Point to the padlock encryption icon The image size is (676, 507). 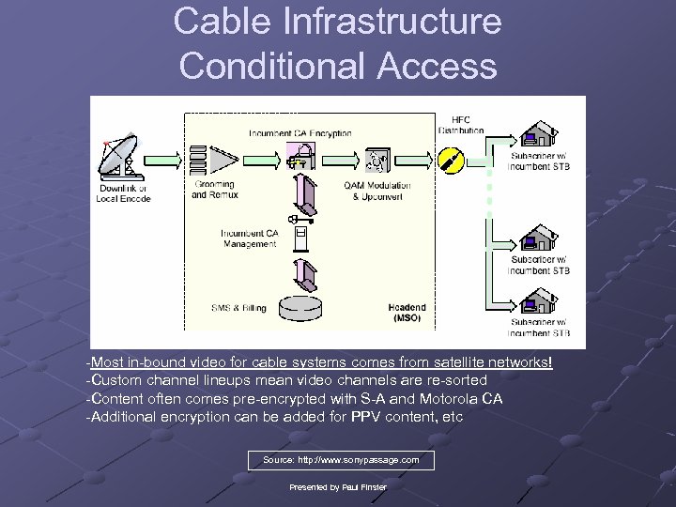pos(299,156)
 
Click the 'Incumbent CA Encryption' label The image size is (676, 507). pos(300,133)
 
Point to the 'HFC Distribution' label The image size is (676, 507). pos(461,125)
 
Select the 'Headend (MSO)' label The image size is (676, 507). pos(407,313)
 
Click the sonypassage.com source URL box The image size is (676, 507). pos(341,460)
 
